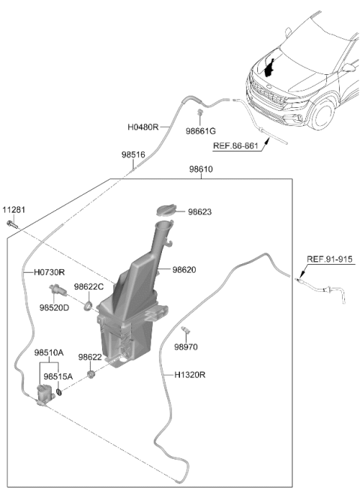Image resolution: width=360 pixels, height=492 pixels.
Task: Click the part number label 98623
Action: [199, 212]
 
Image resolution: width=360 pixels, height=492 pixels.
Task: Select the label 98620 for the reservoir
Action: [184, 269]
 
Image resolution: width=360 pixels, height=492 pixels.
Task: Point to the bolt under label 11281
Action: [12, 224]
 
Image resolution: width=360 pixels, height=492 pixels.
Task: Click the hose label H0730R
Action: [49, 272]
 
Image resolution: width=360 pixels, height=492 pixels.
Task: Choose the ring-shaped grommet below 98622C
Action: [88, 305]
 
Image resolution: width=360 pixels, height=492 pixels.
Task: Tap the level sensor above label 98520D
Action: [58, 289]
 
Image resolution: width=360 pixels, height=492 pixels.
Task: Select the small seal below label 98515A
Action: [58, 391]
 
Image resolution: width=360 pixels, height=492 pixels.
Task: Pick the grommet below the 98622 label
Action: [91, 374]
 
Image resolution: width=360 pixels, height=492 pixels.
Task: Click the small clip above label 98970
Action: [186, 330]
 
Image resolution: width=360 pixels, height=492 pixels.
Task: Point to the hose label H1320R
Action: [190, 375]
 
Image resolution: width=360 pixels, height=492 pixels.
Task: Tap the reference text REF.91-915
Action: [329, 259]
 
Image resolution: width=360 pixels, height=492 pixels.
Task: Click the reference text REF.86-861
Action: [235, 146]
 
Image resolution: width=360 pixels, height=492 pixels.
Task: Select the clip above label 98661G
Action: [199, 112]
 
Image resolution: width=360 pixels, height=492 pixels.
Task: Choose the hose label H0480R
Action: [143, 127]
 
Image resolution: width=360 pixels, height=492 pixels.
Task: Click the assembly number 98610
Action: [201, 169]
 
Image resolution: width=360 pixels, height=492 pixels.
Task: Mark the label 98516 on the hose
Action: [133, 154]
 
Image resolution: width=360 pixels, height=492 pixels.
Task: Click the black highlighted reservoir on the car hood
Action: [269, 67]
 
